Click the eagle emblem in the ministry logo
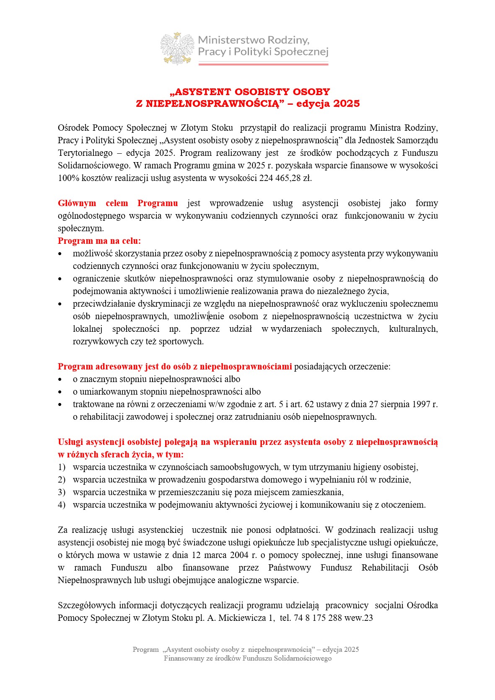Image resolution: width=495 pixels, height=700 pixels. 177,48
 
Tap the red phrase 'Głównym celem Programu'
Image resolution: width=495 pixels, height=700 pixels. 118,203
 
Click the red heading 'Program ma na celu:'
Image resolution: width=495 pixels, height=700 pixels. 99,241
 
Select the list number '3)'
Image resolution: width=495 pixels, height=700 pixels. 62,492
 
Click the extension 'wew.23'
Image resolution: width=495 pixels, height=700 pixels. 359,618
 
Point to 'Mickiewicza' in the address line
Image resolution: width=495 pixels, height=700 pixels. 242,618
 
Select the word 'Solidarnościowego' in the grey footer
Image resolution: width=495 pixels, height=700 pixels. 303,659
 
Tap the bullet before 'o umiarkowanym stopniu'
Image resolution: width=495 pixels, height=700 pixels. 60,392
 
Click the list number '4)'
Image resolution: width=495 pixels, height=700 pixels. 62,505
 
